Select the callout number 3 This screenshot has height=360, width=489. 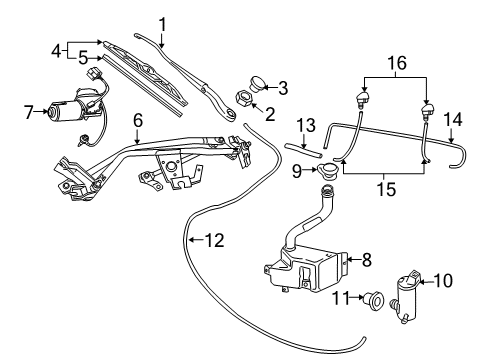pos(282,87)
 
